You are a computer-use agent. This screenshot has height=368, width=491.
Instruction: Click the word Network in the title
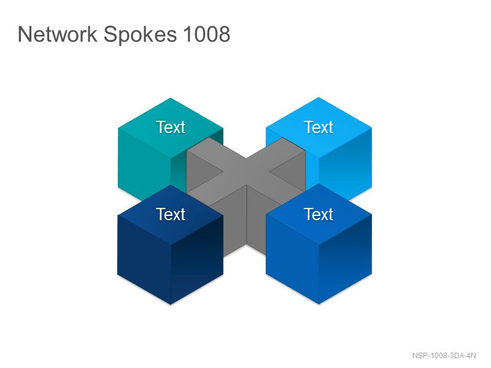58,34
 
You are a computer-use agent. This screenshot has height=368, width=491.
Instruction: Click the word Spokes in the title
140,35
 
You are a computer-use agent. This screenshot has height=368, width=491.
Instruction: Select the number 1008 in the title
207,34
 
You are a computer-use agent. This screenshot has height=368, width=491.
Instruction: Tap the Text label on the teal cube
171,127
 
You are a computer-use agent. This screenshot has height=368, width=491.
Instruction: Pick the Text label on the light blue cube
319,127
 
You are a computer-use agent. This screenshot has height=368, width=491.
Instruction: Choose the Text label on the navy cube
171,214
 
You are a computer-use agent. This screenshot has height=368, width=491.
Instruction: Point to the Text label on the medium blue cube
319,214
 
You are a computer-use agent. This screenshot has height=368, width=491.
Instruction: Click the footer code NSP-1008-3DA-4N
444,356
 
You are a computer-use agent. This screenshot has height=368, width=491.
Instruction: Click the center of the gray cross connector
246,172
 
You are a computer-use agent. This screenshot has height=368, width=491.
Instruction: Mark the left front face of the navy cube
144,259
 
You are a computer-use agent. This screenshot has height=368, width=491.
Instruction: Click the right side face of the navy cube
197,259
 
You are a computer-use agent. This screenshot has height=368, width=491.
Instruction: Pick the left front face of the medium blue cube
292,259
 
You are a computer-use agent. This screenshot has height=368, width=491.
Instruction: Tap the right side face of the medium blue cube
346,259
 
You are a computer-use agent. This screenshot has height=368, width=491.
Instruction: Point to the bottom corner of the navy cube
171,304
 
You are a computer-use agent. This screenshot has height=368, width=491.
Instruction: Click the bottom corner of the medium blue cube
319,304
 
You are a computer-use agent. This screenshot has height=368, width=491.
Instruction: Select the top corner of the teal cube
171,98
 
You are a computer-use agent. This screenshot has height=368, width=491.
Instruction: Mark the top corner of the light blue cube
319,98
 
